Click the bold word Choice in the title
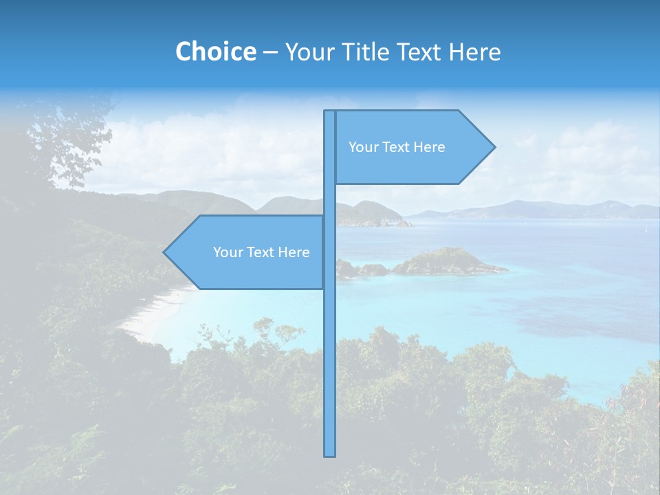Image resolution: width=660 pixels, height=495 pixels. coord(215,52)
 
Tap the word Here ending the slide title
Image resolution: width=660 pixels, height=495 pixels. coord(474,52)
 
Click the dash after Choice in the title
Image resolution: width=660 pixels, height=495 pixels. coord(270,52)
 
